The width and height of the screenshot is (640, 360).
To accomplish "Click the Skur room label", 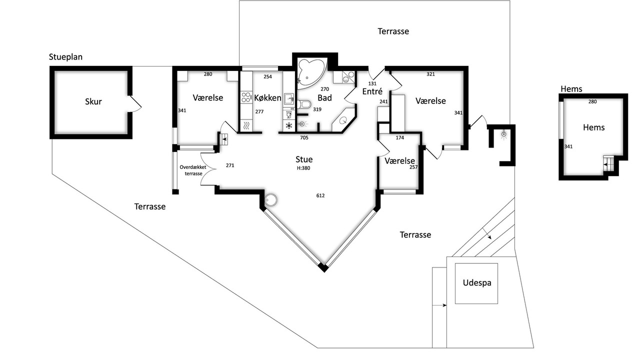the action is coord(93,101).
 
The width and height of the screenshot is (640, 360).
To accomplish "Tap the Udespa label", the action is coord(477,283).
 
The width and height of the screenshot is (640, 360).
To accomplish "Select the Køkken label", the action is coord(267,97).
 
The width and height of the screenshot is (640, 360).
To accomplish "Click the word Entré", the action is coord(372,91).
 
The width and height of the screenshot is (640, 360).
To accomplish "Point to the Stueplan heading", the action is coord(65,57).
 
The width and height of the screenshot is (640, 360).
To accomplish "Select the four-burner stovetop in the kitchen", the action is coord(246,97).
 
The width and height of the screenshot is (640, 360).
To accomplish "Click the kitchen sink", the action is coord(289,99).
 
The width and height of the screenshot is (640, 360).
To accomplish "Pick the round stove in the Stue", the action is coord(270,200).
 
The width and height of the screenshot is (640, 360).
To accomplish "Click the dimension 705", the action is coord(304,137).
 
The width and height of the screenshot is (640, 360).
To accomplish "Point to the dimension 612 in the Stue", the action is coord(320,195).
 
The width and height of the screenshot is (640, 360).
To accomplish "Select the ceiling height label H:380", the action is coord(303,168).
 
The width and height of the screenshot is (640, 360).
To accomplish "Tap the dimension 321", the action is coord(430,74).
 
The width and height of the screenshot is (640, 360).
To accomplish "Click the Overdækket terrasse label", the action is coord(193,170).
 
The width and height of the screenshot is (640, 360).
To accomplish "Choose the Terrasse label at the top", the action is coord(393,31).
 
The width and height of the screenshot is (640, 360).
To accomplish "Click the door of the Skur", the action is coord(134,103).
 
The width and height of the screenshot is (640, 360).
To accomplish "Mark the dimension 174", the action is coord(399,137).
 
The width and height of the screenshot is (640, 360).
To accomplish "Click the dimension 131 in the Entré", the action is coord(372,83).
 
